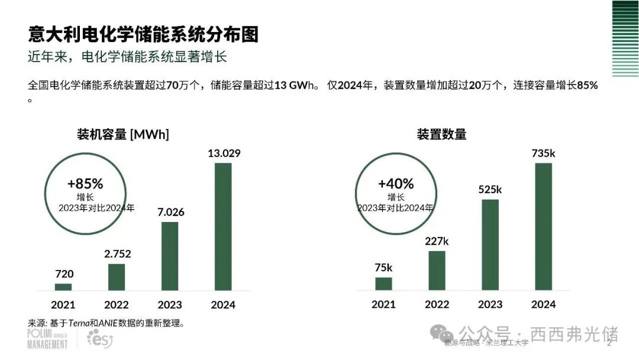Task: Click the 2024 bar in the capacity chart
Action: point(223,227)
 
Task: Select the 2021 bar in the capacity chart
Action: point(63,287)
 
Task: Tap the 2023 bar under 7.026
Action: point(170,256)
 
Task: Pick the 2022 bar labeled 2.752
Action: point(117,277)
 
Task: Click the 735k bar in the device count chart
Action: point(543,227)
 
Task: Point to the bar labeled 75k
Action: point(383,284)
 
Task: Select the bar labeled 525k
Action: point(490,245)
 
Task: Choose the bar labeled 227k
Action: point(437,271)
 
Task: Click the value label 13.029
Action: point(224,154)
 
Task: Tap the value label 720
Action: point(64,274)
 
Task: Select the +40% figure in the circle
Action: point(396,184)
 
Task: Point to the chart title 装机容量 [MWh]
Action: point(123,134)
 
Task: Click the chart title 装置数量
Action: point(441,134)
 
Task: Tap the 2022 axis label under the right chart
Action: point(437,304)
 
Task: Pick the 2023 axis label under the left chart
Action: point(170,305)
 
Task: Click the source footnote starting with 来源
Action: point(107,323)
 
